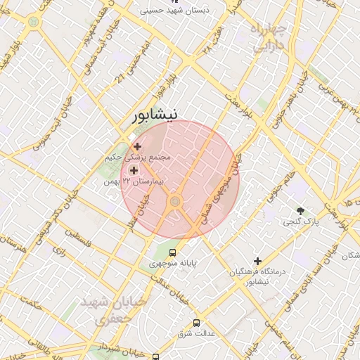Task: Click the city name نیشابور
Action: pyautogui.click(x=155, y=115)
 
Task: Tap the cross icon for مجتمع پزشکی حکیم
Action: pyautogui.click(x=137, y=146)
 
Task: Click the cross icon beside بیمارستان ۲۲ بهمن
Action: pyautogui.click(x=134, y=169)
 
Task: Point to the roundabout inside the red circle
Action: pyautogui.click(x=175, y=202)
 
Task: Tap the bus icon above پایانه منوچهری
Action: pyautogui.click(x=174, y=253)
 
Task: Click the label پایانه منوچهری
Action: pyautogui.click(x=173, y=264)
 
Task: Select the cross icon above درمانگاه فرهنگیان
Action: pyautogui.click(x=258, y=261)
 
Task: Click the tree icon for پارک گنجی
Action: pyautogui.click(x=302, y=210)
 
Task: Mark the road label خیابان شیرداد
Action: pyautogui.click(x=119, y=349)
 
